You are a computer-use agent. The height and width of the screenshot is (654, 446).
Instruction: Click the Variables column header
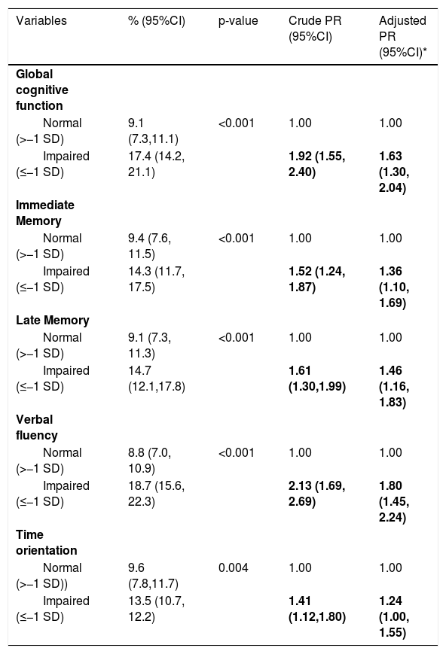[x=41, y=21]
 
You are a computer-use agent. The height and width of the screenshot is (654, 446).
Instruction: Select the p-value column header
[x=238, y=21]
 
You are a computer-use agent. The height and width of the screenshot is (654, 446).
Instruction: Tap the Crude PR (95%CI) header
[x=315, y=29]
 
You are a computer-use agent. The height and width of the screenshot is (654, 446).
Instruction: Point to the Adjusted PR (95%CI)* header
[x=402, y=37]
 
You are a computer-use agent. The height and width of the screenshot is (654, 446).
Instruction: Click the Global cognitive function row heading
[x=41, y=90]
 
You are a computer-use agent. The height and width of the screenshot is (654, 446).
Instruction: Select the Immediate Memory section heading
[x=45, y=213]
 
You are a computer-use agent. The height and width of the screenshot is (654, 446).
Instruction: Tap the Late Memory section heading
[x=53, y=321]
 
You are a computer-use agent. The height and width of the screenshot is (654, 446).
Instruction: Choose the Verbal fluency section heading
[x=37, y=427]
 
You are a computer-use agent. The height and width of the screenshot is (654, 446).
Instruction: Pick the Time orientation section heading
[x=47, y=542]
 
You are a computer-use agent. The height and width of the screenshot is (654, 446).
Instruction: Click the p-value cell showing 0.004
[x=233, y=567]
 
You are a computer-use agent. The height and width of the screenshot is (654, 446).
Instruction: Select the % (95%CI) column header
[x=156, y=21]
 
